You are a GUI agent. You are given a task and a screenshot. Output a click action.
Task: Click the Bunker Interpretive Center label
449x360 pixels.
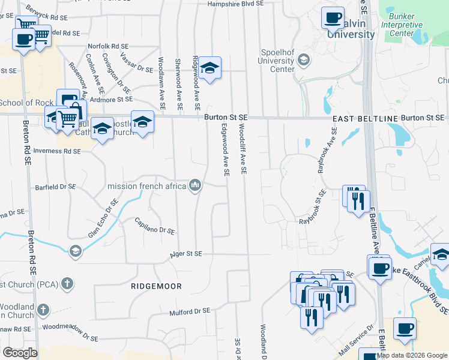(x=405, y=25)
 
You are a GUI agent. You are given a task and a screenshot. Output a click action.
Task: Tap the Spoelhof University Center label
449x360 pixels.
(x=276, y=61)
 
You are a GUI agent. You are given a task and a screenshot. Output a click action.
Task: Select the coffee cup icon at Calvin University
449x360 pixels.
(x=332, y=18)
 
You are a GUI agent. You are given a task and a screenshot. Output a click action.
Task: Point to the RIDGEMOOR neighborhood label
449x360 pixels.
(x=156, y=287)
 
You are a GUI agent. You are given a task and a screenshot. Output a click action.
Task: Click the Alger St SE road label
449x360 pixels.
(x=190, y=254)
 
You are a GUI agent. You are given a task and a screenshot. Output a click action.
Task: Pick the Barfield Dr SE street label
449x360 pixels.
(x=55, y=187)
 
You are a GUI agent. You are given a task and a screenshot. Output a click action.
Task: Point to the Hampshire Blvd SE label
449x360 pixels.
(x=236, y=4)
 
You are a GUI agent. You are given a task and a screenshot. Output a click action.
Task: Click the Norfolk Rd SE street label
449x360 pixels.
(x=108, y=46)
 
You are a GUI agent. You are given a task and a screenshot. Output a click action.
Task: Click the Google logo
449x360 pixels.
(x=20, y=353)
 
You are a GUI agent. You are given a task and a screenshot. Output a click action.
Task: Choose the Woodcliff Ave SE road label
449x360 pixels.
(x=243, y=149)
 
